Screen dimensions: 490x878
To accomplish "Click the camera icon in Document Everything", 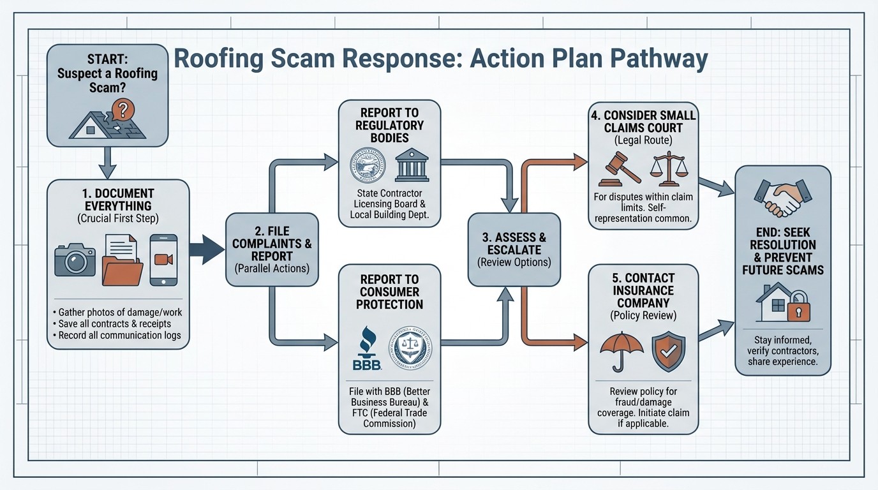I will click(75, 260).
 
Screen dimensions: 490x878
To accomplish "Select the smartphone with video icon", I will click(163, 260).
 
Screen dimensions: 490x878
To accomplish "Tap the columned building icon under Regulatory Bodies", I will click(412, 165).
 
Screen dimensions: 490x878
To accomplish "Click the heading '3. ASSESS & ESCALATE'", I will click(514, 243).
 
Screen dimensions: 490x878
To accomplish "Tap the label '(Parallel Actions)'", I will click(272, 268).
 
